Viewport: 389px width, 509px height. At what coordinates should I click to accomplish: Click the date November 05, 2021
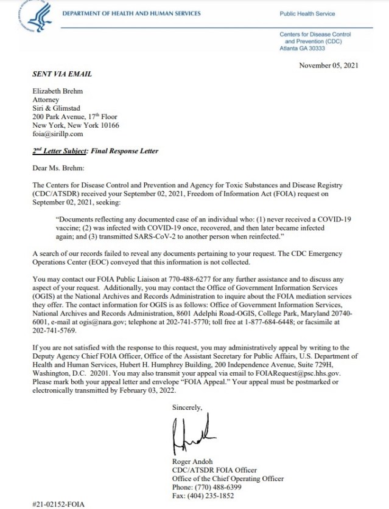[329, 65]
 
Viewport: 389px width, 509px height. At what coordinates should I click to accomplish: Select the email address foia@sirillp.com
[58, 134]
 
